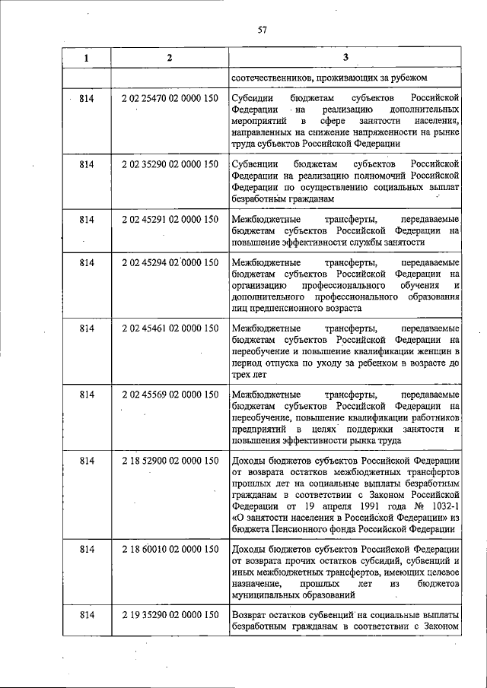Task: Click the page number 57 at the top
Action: click(262, 30)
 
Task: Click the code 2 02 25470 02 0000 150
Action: click(169, 100)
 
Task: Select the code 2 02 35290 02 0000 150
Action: click(169, 163)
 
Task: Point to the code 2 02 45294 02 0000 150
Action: click(169, 263)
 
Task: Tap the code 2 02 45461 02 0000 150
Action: click(169, 329)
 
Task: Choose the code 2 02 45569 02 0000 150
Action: click(169, 395)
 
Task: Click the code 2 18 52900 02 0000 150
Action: click(169, 461)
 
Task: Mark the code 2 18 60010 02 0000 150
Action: click(169, 548)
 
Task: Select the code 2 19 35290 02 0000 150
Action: click(169, 614)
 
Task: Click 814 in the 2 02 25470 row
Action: click(86, 100)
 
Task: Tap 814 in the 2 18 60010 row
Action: click(86, 548)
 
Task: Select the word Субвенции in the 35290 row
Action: click(256, 163)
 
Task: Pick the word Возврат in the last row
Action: click(251, 614)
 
